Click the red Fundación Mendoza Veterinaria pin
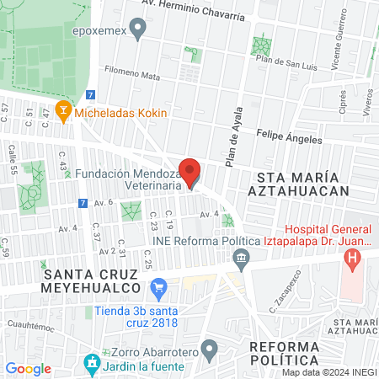click(190, 172)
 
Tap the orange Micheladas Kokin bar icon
click(61, 110)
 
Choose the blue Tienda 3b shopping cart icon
click(157, 289)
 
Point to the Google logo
click(28, 368)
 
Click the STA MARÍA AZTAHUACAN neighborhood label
click(302, 184)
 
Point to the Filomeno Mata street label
click(132, 75)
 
